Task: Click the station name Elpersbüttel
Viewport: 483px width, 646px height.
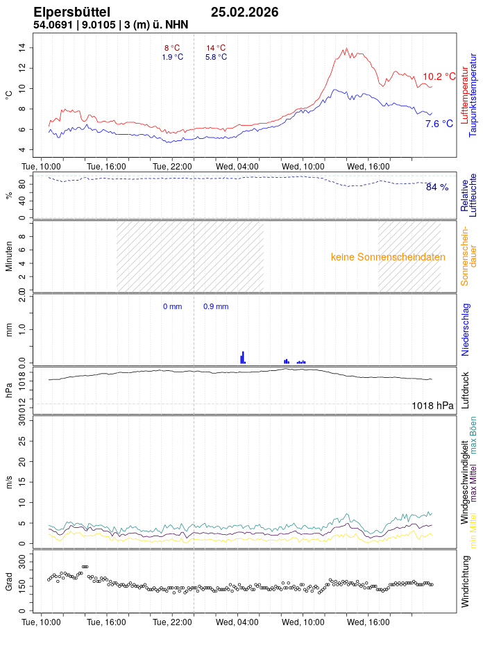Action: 71,12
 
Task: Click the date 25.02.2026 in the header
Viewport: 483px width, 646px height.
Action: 244,12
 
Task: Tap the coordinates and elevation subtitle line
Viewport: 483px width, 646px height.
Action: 110,25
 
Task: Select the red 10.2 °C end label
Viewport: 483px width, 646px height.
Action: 439,76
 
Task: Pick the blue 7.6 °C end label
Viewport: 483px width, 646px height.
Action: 439,124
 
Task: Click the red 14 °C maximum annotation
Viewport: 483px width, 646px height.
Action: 216,48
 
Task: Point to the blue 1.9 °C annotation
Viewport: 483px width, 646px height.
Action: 173,57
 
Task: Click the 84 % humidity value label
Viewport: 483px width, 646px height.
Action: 437,187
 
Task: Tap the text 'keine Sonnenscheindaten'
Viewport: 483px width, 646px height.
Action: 388,256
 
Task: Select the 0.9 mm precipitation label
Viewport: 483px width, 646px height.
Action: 216,306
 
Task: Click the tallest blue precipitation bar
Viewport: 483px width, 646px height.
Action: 243,357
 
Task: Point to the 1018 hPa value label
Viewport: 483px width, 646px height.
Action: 432,406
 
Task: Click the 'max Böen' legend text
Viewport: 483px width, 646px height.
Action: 474,436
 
